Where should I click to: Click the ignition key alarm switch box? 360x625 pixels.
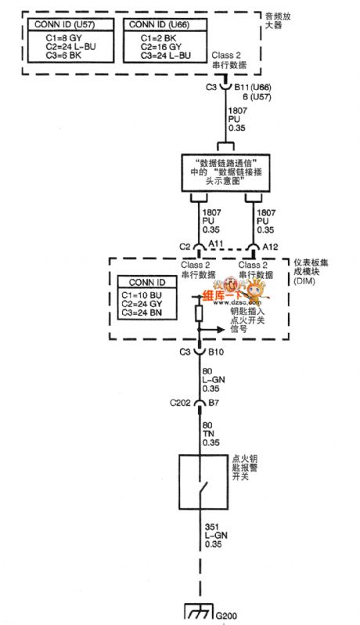click(199, 480)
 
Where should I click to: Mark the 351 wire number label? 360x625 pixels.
click(210, 526)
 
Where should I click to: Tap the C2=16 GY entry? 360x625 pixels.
click(160, 46)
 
